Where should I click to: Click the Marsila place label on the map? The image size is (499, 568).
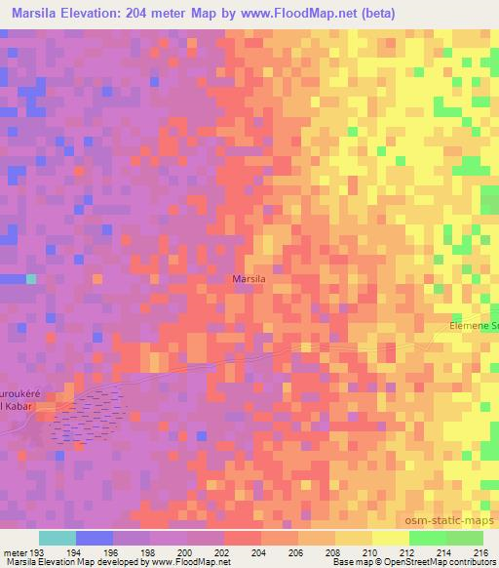coord(249,279)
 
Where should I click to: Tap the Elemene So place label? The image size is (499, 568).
coord(474,326)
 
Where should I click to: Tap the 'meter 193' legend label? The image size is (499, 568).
coord(20,551)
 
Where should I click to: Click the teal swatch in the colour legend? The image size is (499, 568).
coord(58,538)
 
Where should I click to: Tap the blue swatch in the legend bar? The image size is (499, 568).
coord(95,538)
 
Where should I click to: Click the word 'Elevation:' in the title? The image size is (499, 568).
coord(101,13)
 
